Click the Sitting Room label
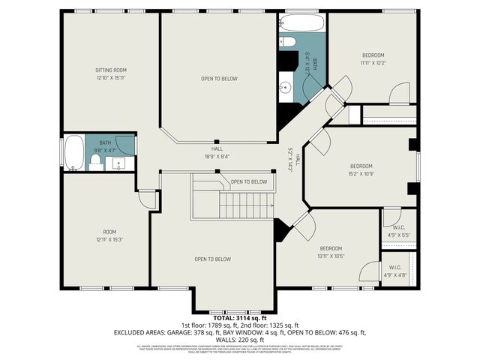110,70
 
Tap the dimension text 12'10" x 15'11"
110,77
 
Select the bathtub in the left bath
73,154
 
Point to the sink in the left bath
119,163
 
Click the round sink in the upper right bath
286,88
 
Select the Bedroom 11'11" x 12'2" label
373,55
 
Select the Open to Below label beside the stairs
248,181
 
